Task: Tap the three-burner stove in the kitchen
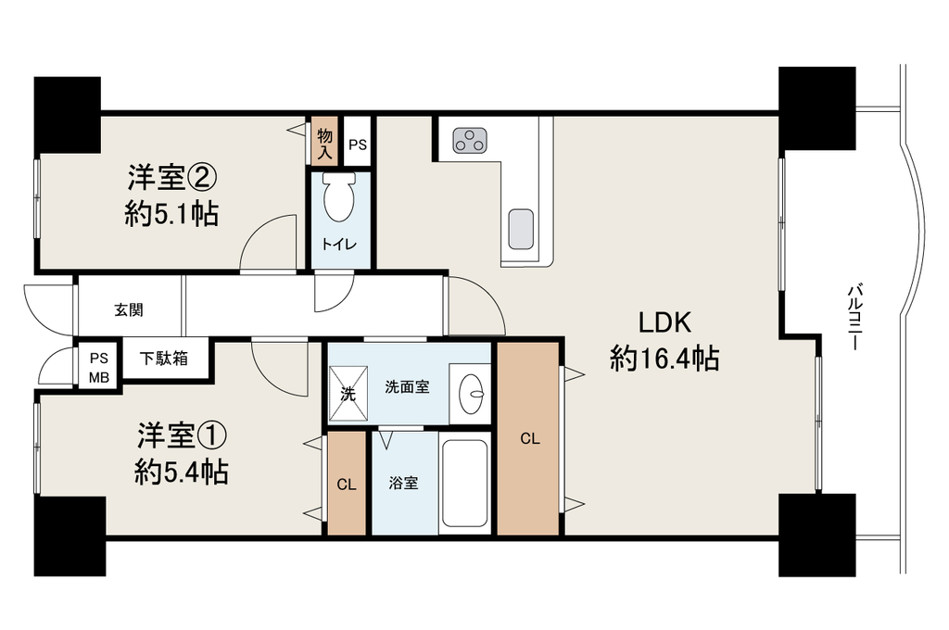(x=470, y=141)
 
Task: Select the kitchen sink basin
(x=521, y=230)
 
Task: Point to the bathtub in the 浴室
(x=465, y=484)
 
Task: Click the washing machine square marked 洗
(x=348, y=394)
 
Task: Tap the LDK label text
(x=665, y=322)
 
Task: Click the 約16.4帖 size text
(x=664, y=359)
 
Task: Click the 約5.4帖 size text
(x=181, y=472)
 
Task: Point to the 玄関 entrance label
(x=129, y=310)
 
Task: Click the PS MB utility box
(x=98, y=367)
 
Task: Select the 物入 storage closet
(x=325, y=141)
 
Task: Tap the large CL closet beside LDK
(x=528, y=438)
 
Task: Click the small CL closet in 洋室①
(x=347, y=484)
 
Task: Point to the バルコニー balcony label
(x=854, y=317)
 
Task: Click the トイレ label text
(x=339, y=245)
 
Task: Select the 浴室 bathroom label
(x=403, y=483)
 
